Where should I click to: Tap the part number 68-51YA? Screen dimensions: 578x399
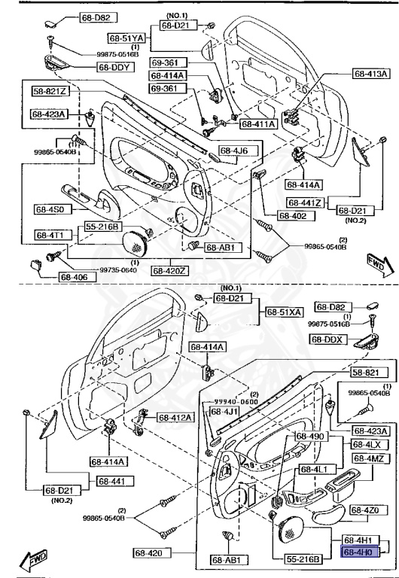[x=125, y=37]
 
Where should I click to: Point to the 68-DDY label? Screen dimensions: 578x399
[x=114, y=67]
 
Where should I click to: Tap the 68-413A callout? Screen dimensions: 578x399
[x=371, y=74]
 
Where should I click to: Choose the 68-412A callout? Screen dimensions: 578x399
[x=175, y=417]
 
